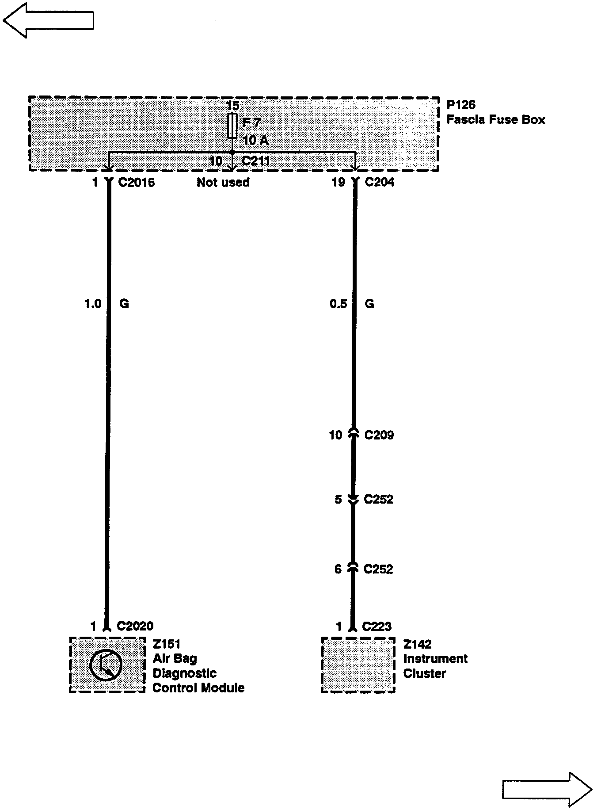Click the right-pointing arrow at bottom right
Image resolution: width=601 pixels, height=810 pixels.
(547, 789)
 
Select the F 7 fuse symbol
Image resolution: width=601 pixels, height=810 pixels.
(232, 126)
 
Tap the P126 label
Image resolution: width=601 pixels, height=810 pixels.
(461, 105)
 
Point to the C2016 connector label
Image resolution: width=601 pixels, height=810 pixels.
(137, 182)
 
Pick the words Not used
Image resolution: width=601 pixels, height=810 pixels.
(223, 182)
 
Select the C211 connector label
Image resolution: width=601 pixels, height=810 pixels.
(256, 160)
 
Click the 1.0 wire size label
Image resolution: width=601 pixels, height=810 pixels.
(93, 304)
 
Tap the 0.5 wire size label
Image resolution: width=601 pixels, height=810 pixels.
(338, 304)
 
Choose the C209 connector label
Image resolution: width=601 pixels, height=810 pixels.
(379, 435)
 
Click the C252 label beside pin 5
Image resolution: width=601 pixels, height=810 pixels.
(378, 499)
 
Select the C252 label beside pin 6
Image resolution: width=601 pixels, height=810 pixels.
(378, 569)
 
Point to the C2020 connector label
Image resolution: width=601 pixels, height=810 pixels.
(135, 626)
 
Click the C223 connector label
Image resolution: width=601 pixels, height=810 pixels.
(377, 627)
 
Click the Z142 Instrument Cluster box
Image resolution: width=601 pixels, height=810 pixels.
(358, 665)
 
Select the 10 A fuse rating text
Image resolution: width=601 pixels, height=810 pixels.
(255, 141)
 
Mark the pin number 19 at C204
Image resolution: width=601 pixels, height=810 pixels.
(338, 182)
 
